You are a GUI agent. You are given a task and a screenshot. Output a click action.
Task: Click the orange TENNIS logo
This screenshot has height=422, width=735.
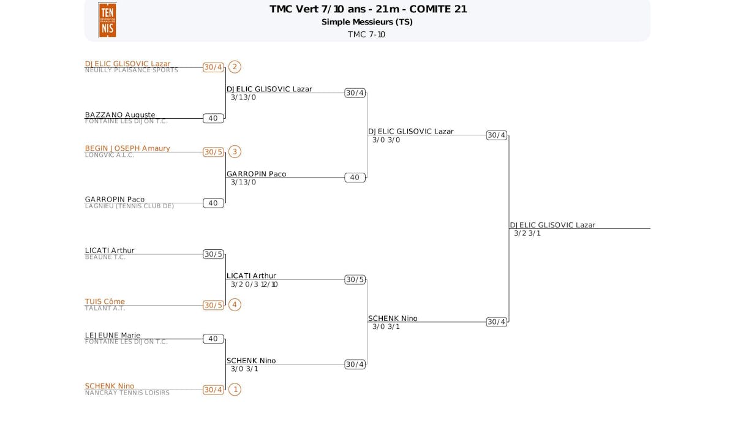click(107, 20)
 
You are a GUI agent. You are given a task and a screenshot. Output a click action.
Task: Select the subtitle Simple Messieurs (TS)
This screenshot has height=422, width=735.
click(367, 22)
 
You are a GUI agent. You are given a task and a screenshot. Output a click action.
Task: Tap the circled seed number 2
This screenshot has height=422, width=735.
click(235, 67)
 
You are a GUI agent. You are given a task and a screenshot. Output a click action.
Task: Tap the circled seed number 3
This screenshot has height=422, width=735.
click(235, 151)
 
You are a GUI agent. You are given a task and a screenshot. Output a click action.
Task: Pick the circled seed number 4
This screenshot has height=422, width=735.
click(235, 304)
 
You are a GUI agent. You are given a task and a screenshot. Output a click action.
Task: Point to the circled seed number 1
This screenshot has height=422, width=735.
click(235, 389)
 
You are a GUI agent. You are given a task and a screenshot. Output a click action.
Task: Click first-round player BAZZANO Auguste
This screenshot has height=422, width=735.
click(120, 115)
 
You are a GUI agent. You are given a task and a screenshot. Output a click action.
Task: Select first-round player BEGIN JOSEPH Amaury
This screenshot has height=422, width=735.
click(127, 148)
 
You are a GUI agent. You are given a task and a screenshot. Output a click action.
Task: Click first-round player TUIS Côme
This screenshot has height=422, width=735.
click(105, 301)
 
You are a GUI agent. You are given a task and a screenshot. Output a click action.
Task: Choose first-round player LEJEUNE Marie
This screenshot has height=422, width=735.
click(113, 335)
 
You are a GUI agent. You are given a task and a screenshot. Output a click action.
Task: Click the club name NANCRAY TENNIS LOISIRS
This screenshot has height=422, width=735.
click(127, 393)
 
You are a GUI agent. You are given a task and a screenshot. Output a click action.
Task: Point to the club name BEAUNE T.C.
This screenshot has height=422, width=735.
click(105, 257)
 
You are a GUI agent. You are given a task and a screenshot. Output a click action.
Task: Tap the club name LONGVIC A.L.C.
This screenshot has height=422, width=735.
click(110, 155)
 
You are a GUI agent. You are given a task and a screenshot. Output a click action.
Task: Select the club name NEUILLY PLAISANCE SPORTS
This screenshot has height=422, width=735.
click(131, 70)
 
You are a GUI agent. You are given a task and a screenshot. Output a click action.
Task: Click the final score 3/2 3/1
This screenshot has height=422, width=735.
click(527, 233)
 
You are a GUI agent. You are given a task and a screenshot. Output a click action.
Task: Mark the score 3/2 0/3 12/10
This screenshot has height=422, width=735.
click(254, 284)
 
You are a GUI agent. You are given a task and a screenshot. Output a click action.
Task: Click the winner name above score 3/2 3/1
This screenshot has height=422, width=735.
click(552, 225)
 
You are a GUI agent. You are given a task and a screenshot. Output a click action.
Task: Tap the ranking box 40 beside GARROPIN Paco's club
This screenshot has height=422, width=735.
click(213, 203)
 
